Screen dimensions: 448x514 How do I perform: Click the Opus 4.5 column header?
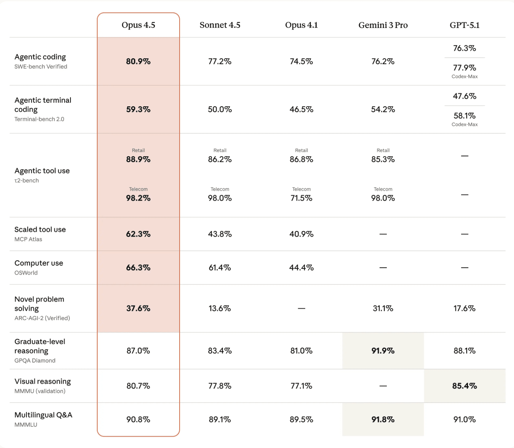tap(138, 25)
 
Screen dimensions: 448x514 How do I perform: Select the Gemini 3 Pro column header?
tap(383, 25)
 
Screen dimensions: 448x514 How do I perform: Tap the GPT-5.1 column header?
tap(464, 25)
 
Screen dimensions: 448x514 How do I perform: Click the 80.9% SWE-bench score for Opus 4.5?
tap(138, 61)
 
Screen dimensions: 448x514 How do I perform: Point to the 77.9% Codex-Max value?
tap(464, 68)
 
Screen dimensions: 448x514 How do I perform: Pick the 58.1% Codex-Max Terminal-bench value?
tap(464, 116)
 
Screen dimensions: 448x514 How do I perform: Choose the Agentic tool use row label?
tap(42, 171)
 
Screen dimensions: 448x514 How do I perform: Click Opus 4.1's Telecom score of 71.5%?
tap(301, 198)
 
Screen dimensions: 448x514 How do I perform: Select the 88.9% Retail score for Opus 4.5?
tap(138, 159)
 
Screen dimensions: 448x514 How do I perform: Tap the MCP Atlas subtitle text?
tap(28, 239)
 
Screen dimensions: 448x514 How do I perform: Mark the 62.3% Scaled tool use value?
tap(138, 234)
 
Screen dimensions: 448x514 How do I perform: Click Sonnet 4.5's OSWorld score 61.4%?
tap(220, 268)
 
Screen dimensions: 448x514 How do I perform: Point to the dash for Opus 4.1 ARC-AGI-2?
tap(301, 309)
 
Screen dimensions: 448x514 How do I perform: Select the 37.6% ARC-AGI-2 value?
tap(138, 309)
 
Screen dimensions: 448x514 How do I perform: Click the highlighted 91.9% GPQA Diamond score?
tap(383, 351)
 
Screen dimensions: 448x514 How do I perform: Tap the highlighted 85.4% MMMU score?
tap(464, 386)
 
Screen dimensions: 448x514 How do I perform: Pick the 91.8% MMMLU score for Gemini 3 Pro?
tap(383, 420)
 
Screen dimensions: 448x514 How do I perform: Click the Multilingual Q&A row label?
tap(43, 415)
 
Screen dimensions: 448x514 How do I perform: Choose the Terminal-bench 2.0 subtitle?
tap(39, 119)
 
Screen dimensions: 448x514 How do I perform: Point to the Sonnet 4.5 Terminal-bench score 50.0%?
tap(220, 109)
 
